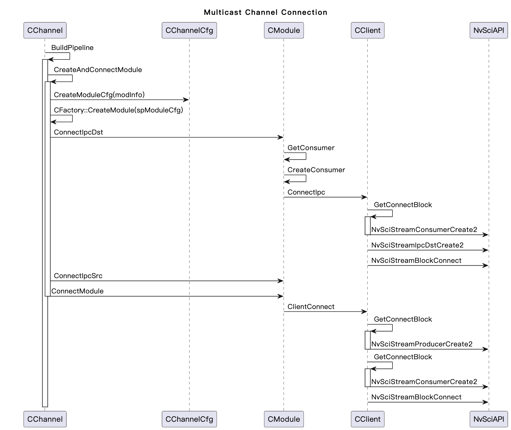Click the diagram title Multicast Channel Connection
tap(265, 12)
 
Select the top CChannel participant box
tap(45, 30)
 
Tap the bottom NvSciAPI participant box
tap(488, 419)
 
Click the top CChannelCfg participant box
tap(189, 30)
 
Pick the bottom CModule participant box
tap(284, 419)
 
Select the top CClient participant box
tap(367, 30)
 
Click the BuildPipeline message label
tap(72, 48)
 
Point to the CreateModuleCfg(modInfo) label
tap(99, 95)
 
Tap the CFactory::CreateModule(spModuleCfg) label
tap(118, 110)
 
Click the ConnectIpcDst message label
tap(78, 132)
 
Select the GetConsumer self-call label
tap(311, 148)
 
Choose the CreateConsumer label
tap(316, 170)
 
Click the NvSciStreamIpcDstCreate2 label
tap(417, 245)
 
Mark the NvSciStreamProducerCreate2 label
tap(422, 344)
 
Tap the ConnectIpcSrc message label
tap(78, 276)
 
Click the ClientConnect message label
tap(311, 306)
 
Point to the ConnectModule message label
tap(77, 291)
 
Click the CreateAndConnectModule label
tap(98, 70)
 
